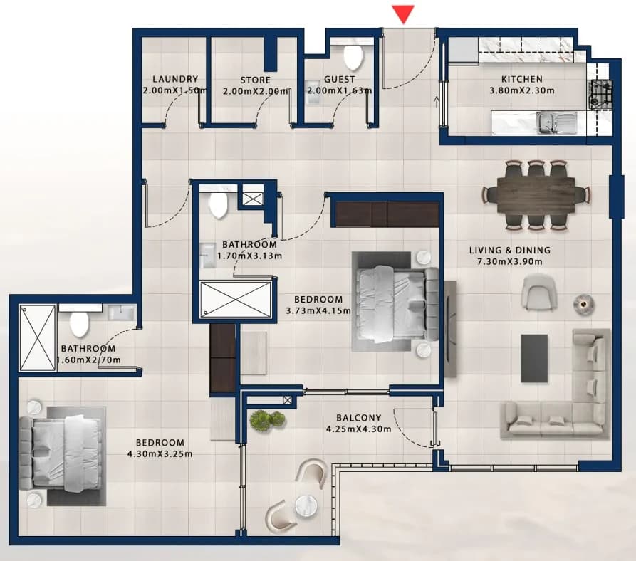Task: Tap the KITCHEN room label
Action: (521, 79)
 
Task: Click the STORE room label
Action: (255, 80)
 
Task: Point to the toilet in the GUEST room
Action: (353, 56)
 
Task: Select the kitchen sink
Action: (556, 123)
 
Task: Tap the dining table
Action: (536, 195)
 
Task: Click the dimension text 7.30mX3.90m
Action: (510, 262)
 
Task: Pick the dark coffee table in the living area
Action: (534, 358)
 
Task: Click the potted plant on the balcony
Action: (267, 420)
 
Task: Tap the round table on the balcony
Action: (306, 506)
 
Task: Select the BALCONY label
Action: (358, 418)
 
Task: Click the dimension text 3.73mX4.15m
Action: (318, 311)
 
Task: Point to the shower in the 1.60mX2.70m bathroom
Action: (37, 337)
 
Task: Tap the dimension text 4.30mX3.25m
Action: (160, 454)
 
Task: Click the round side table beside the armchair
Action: (584, 304)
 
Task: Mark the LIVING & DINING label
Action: (510, 251)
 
